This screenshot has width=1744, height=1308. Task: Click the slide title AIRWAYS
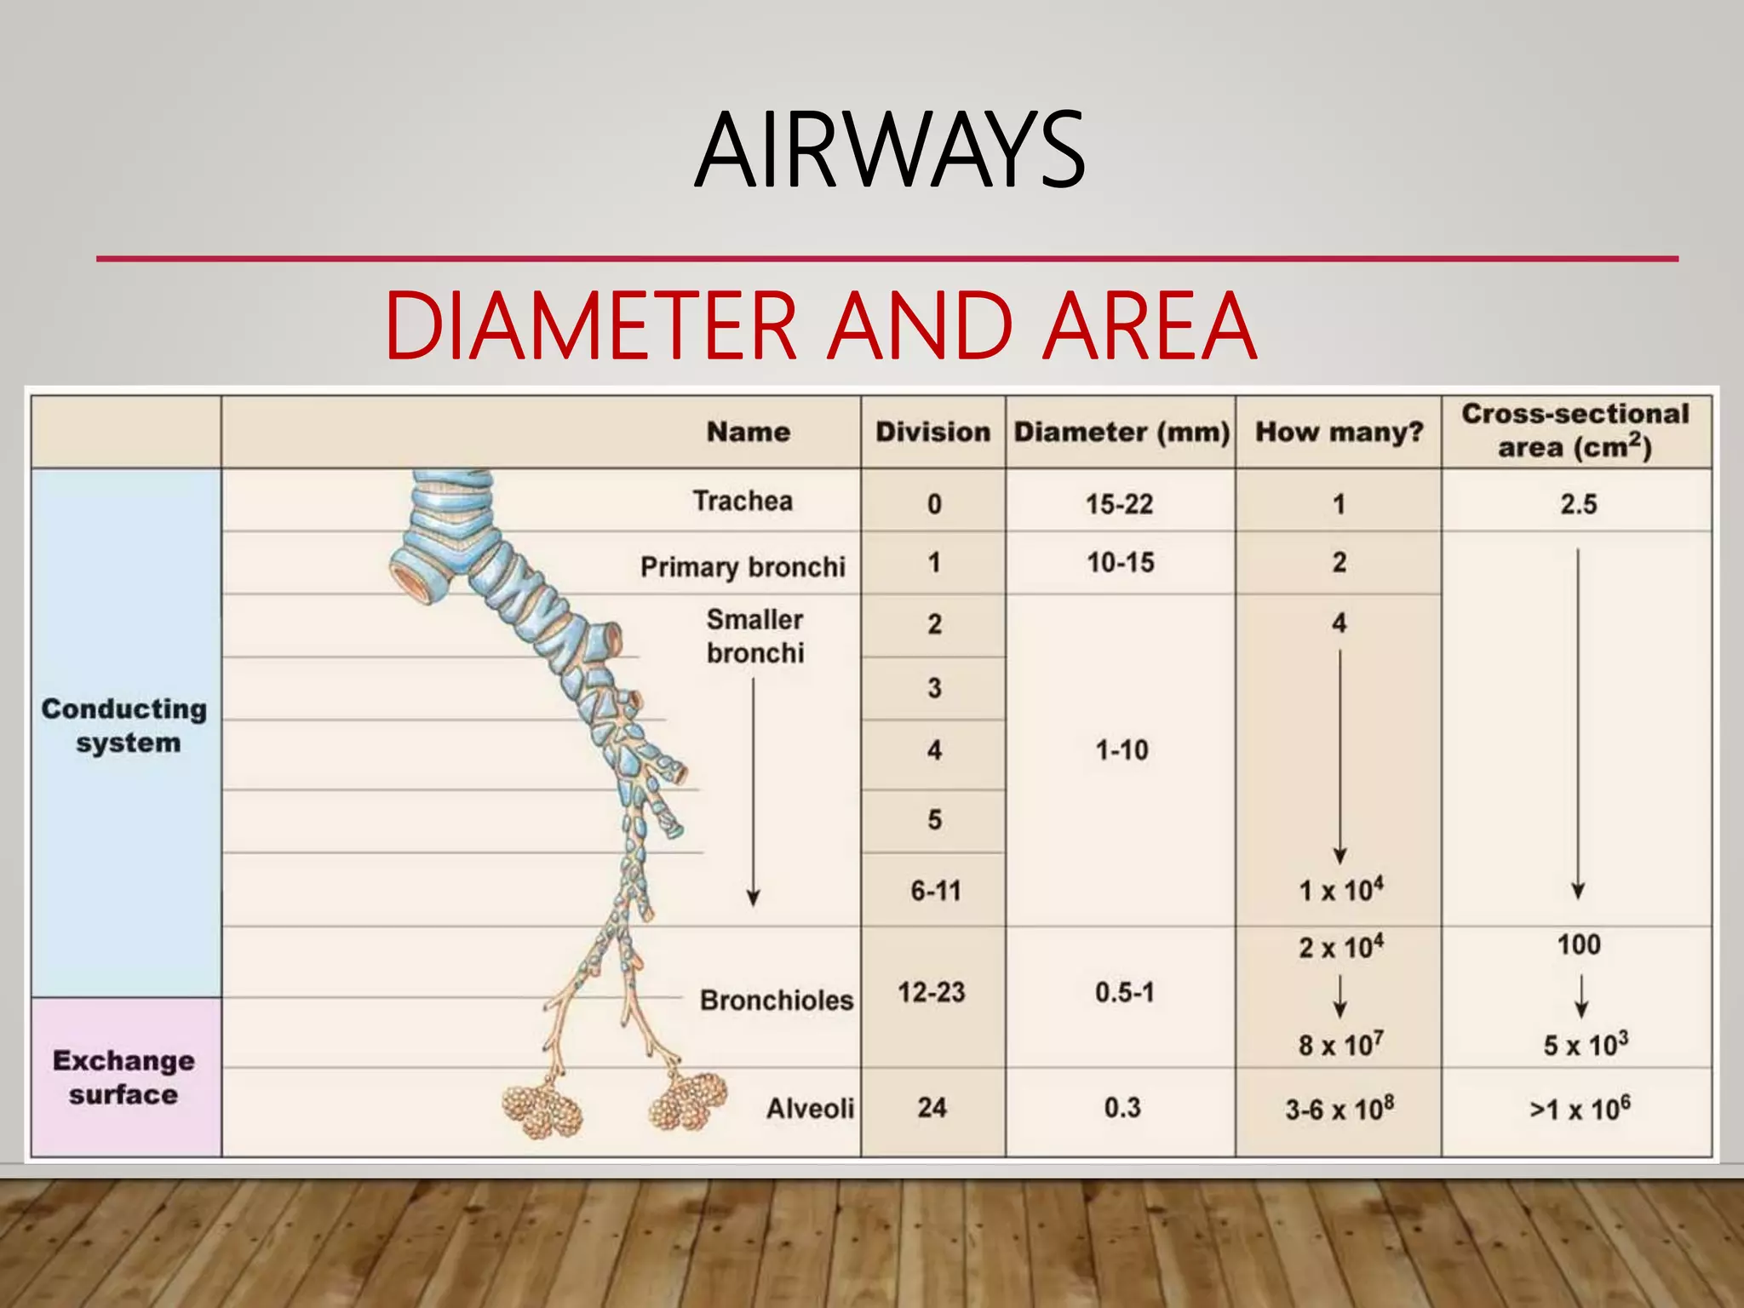(889, 152)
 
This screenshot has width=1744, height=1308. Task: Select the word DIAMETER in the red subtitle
(590, 326)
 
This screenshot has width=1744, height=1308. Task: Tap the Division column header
(932, 432)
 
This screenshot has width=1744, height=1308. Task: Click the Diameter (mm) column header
(1121, 432)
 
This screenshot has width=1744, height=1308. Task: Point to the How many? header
(1339, 432)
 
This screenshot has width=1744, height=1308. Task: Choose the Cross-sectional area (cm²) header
(1575, 431)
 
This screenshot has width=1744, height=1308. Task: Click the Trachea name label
(743, 501)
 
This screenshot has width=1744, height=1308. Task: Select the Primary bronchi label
(743, 566)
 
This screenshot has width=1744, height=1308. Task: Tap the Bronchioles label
(776, 1000)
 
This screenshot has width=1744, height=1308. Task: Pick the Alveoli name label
(810, 1108)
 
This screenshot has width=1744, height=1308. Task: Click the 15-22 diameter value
(1119, 504)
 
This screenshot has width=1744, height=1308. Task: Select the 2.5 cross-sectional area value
(1578, 504)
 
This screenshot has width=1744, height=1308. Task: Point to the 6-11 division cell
(935, 891)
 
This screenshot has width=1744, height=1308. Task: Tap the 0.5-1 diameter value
(1124, 992)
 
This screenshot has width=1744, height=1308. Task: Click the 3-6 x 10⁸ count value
(1339, 1109)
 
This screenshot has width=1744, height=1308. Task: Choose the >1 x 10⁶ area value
(1579, 1109)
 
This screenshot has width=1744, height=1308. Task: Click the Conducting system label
(125, 726)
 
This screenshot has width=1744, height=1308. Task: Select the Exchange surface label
(124, 1077)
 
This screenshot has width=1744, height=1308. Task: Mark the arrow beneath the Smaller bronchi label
(754, 792)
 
